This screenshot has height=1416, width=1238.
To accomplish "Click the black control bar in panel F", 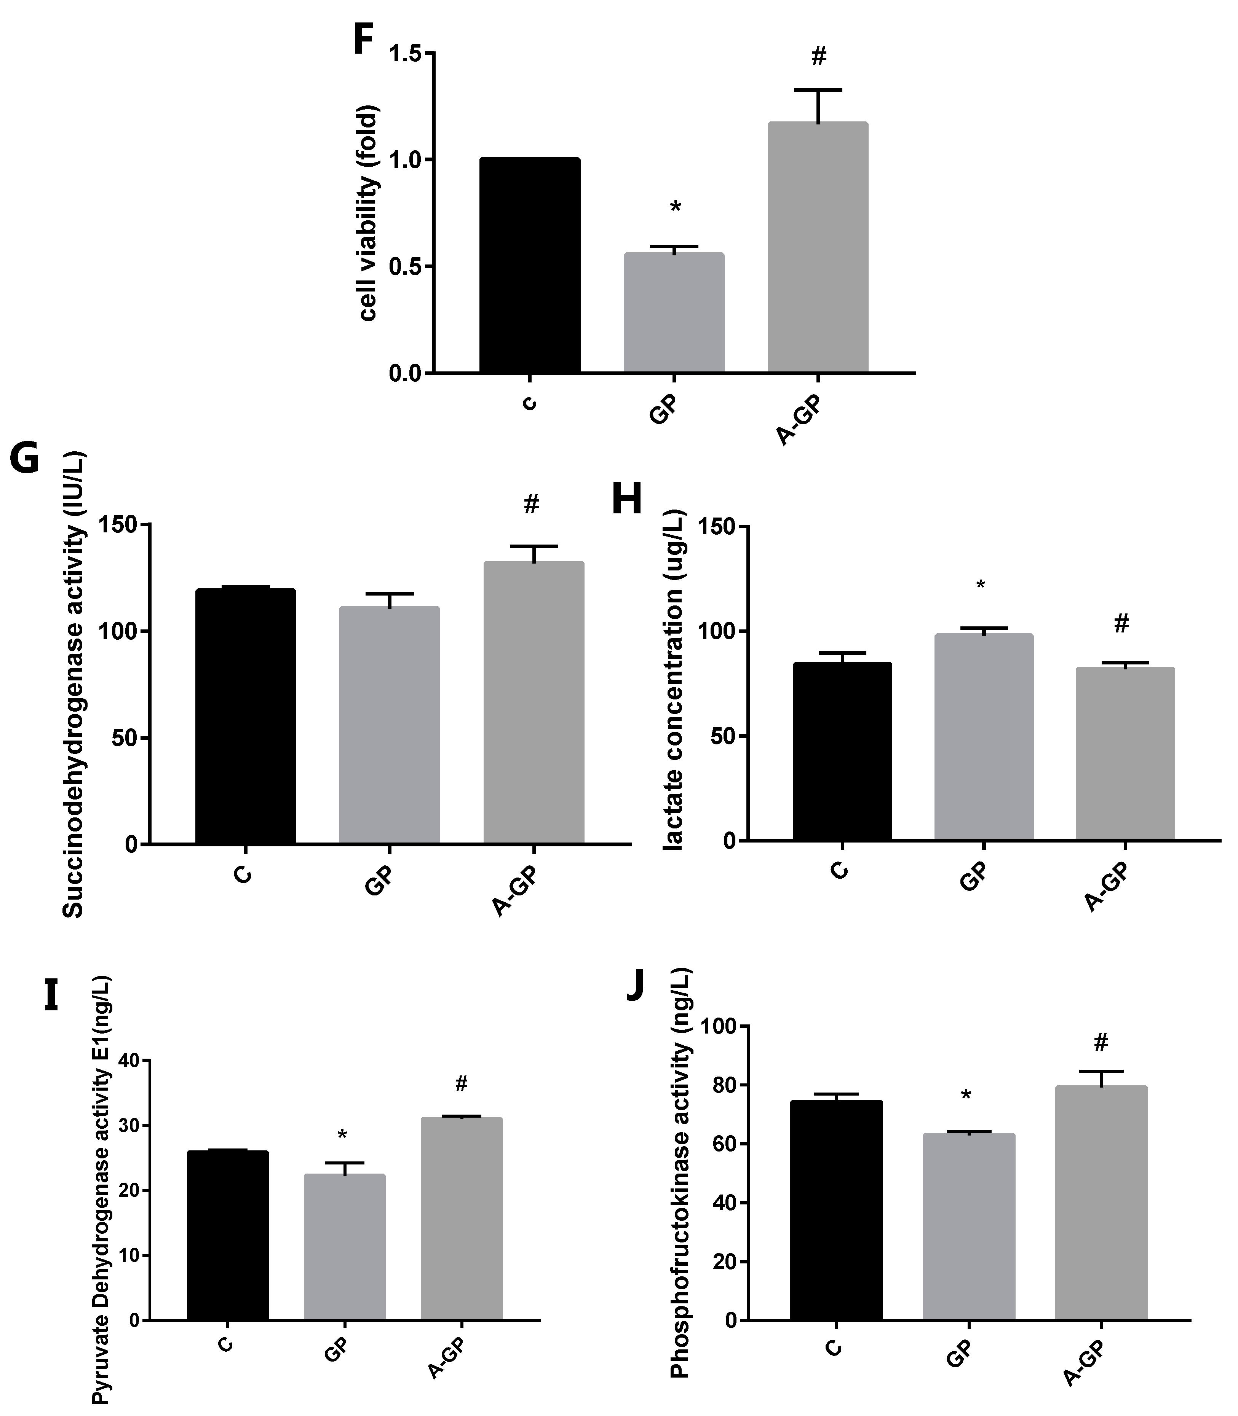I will tap(530, 266).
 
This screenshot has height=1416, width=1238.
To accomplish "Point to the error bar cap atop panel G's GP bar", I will tap(390, 594).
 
